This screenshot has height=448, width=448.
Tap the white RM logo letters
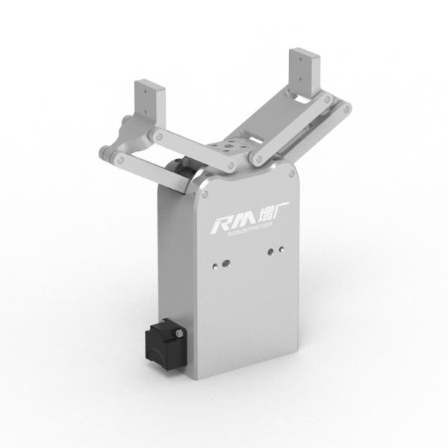click(x=232, y=223)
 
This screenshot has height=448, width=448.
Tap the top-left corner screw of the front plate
click(x=201, y=192)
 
